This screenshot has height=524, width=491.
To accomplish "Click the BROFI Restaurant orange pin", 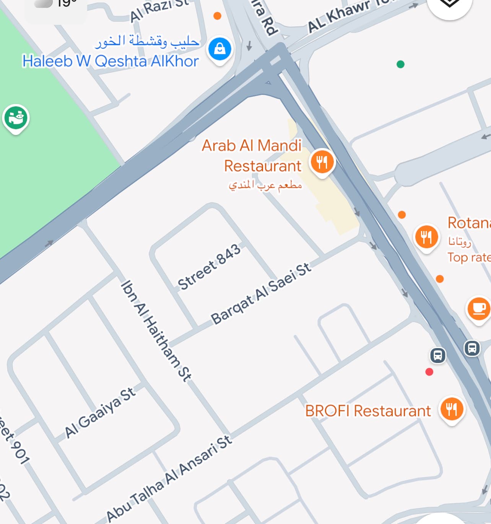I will (x=452, y=408).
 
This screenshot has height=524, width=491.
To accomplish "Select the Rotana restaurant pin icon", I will (x=426, y=237).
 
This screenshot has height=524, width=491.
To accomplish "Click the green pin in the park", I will (x=16, y=117).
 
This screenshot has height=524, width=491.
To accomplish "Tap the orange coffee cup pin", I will (x=479, y=308).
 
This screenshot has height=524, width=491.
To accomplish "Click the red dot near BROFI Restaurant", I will (x=429, y=372).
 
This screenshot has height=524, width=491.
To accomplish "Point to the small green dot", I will (x=400, y=64).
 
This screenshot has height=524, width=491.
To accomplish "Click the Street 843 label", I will (x=209, y=267).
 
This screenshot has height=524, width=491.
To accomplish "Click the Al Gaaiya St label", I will (x=99, y=413).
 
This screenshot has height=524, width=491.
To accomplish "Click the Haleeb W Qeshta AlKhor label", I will (x=110, y=61).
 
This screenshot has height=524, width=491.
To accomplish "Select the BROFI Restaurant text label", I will (x=368, y=411).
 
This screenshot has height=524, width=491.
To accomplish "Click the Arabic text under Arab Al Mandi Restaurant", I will (x=265, y=186).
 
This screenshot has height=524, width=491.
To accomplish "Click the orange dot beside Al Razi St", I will (x=217, y=16).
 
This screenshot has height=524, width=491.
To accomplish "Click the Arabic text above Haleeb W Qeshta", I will (x=147, y=41).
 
